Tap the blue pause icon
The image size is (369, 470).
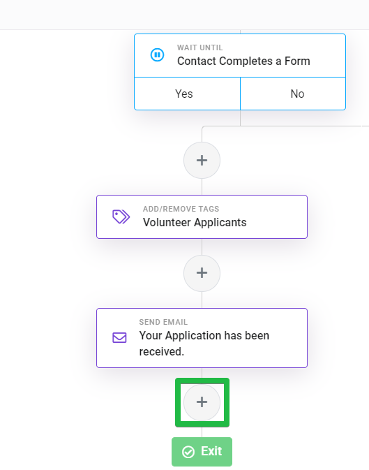157,55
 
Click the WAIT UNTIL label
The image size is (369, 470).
199,47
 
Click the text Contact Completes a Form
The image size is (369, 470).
243,61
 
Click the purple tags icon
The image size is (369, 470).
121,216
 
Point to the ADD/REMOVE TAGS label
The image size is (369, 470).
181,209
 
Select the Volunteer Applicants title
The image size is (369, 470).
195,222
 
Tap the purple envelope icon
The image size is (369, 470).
119,337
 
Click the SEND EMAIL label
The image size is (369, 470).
163,322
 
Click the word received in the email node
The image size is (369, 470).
161,351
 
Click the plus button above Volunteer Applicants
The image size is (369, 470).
202,161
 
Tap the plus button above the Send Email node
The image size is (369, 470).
202,273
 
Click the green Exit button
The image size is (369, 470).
202,452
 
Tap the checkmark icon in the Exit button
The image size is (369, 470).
188,452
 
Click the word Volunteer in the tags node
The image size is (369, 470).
167,222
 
